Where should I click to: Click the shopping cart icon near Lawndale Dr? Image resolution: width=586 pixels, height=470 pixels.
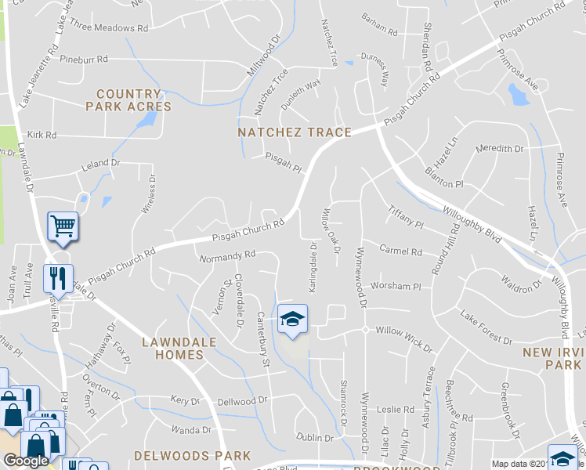pos(63,227)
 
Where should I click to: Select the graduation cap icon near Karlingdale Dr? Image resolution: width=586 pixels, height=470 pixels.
pos(293,319)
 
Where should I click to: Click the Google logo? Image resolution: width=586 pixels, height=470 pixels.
pos(26,461)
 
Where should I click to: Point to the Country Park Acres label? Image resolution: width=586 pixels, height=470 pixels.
pos(128,100)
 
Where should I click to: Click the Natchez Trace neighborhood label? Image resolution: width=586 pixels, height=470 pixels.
pos(295,132)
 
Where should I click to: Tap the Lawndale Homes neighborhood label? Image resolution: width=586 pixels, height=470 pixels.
pos(172,348)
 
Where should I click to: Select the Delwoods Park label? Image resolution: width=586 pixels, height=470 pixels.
pos(193,455)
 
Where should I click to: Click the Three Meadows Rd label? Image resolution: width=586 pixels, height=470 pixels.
pos(109,27)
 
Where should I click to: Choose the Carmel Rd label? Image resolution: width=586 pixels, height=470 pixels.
pos(400,251)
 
